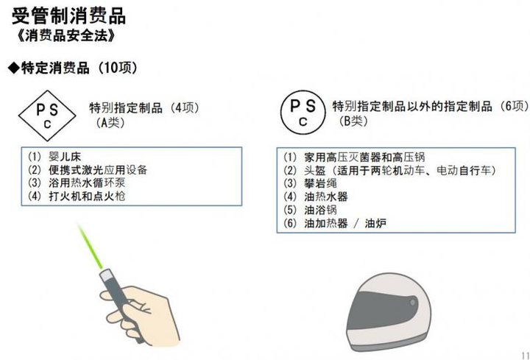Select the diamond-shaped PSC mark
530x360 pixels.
point(47,115)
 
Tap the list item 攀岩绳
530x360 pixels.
point(319,183)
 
